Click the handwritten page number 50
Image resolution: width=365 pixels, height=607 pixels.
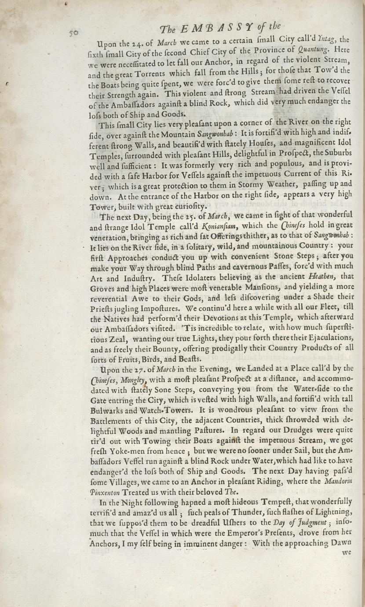pyautogui.click(x=73, y=33)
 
